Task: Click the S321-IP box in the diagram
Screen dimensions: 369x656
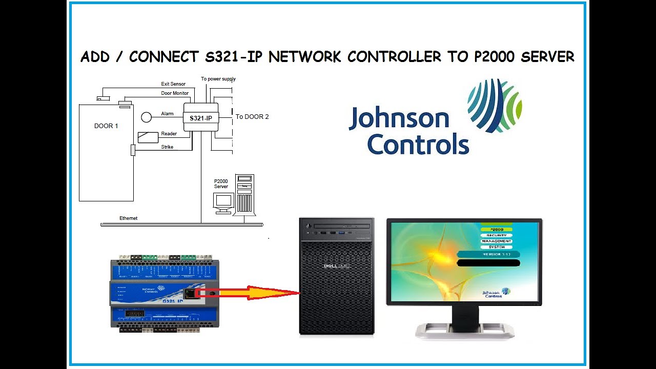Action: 201,118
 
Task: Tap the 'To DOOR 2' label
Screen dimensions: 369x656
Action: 252,117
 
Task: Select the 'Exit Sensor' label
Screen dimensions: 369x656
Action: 173,84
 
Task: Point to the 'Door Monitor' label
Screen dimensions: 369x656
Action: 175,93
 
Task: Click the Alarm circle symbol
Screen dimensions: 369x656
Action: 147,117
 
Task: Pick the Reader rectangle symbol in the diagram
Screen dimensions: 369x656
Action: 148,137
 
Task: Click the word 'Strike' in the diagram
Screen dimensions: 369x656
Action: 167,147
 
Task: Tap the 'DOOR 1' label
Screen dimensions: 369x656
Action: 106,126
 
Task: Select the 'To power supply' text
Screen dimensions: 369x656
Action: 218,79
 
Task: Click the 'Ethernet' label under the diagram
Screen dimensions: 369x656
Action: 128,218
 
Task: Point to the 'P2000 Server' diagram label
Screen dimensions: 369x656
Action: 221,184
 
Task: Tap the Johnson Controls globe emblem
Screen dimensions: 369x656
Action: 495,105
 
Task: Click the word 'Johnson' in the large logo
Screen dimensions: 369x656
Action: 399,118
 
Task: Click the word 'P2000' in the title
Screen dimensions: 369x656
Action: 496,57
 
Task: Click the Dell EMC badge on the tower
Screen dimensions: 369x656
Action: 336,265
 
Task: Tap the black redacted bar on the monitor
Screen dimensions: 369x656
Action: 488,263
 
